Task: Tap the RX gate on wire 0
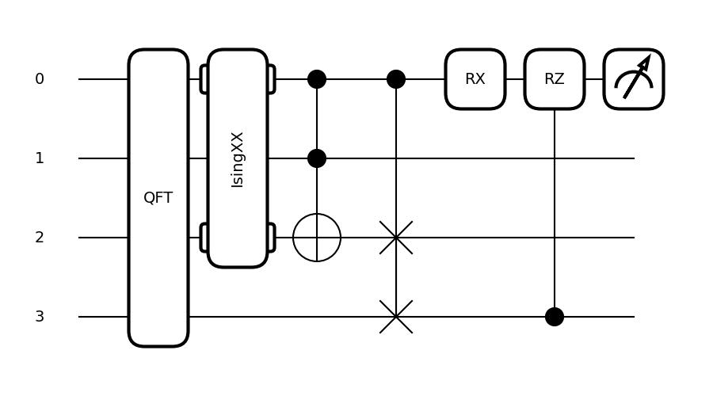click(x=475, y=79)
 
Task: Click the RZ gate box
click(x=555, y=79)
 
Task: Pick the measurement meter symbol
click(x=634, y=79)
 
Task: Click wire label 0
click(x=40, y=79)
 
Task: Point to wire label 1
click(x=40, y=158)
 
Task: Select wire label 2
click(x=40, y=238)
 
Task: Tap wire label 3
click(x=40, y=317)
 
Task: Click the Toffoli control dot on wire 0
click(x=317, y=79)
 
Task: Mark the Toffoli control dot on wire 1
click(x=317, y=158)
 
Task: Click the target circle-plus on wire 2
click(x=317, y=238)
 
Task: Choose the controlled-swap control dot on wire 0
click(x=396, y=79)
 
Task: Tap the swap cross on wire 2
click(x=396, y=238)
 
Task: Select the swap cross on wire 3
click(x=396, y=317)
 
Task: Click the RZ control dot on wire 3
click(x=555, y=317)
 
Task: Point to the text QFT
click(x=158, y=198)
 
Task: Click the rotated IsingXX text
click(x=238, y=159)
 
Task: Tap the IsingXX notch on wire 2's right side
click(x=272, y=238)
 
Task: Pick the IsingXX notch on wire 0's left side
click(x=204, y=79)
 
